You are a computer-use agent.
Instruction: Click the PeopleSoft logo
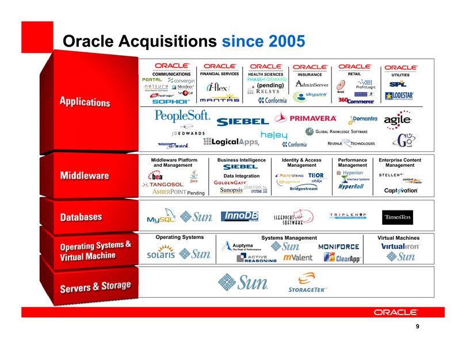182,116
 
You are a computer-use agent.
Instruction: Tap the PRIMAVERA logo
305,118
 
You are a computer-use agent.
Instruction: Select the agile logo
398,118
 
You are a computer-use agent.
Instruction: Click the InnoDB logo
239,216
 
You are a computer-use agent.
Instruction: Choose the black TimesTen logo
398,217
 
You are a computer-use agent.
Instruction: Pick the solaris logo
161,254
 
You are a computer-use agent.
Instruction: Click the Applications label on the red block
85,102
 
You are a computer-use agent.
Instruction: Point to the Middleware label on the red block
85,175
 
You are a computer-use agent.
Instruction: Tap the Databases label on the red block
81,217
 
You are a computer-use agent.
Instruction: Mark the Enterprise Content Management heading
400,163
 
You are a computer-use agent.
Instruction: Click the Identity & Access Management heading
301,163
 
